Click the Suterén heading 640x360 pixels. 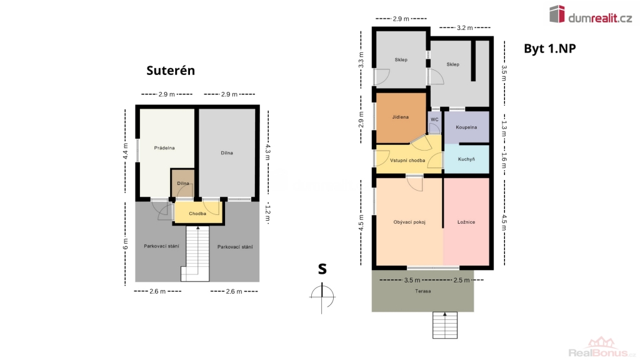click(x=171, y=71)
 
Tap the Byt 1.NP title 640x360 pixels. click(x=550, y=49)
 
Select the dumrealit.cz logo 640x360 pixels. click(x=591, y=15)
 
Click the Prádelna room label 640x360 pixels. click(x=164, y=147)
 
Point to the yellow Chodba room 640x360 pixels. click(x=198, y=212)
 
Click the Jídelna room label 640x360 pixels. click(x=401, y=117)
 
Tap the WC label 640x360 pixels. click(x=435, y=119)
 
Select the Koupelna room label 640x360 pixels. click(x=466, y=127)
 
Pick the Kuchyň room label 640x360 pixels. click(x=466, y=159)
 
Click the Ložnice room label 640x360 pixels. click(x=466, y=222)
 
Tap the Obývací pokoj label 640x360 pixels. click(x=409, y=222)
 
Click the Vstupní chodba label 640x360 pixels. click(x=407, y=161)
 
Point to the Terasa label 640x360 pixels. click(x=423, y=291)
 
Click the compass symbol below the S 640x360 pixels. click(x=322, y=297)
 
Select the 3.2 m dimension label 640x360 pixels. click(x=464, y=27)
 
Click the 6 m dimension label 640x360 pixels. click(x=125, y=244)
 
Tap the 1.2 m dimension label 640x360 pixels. click(x=267, y=213)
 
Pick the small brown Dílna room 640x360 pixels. click(x=183, y=183)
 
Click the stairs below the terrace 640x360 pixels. click(x=445, y=325)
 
